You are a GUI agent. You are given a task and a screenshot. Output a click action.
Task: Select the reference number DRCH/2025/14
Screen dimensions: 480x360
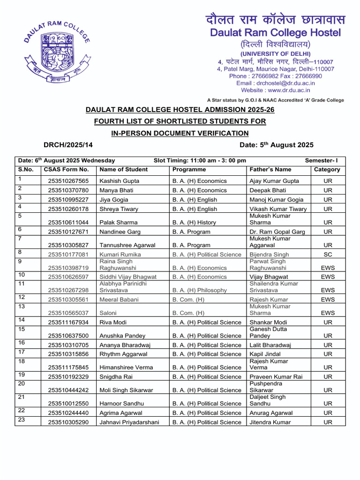point(68,145)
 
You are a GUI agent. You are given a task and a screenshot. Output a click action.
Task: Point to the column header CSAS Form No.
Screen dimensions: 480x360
point(66,170)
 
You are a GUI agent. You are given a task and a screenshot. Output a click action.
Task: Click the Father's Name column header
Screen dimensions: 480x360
point(270,170)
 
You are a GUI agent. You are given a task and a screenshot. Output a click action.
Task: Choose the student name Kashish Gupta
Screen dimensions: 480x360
point(119,181)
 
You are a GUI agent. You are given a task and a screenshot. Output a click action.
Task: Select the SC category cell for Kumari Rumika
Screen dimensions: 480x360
point(328,255)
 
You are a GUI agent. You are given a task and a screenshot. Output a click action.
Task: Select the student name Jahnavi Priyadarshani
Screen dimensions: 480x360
point(129,422)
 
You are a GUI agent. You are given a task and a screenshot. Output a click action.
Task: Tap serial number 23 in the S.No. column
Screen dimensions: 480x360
point(22,420)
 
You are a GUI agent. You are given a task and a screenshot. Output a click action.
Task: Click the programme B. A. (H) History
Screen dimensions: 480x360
point(197,223)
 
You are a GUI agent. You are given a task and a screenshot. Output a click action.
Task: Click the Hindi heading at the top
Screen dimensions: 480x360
point(275,20)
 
